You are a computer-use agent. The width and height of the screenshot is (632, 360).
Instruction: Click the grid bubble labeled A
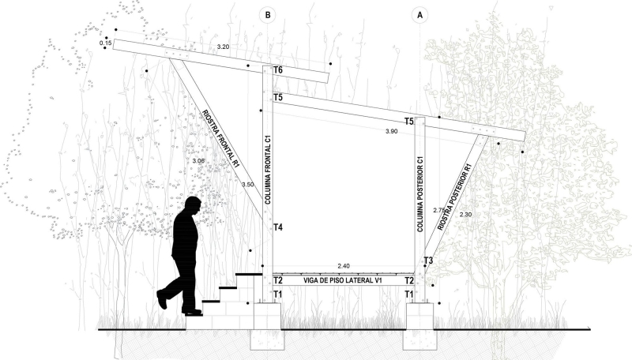tap(419, 13)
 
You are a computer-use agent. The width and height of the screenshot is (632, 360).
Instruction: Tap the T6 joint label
tap(278, 71)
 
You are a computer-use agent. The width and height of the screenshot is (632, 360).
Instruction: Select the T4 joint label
tap(278, 228)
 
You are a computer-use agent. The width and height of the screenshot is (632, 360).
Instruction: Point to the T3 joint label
tap(428, 261)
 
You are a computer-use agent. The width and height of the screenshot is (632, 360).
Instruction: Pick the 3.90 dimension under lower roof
tap(391, 131)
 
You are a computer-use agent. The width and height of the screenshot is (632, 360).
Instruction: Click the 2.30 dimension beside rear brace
tap(465, 215)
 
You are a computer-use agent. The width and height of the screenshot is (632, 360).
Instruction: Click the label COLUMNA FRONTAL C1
tap(269, 171)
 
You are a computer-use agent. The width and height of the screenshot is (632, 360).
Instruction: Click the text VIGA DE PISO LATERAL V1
tap(343, 280)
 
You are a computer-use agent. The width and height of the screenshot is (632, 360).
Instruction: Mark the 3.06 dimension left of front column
tap(198, 161)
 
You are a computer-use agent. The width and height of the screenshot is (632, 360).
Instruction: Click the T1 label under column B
tap(278, 294)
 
